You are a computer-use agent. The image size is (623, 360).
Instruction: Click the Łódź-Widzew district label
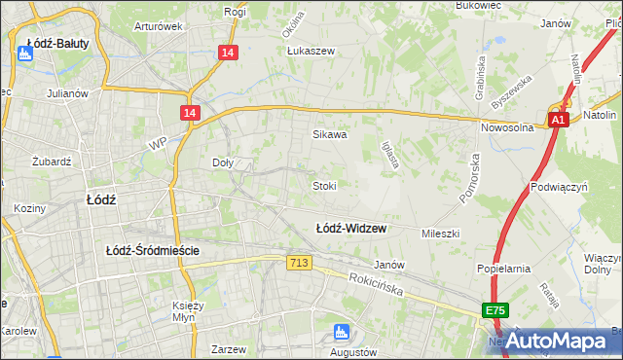pyautogui.click(x=350, y=229)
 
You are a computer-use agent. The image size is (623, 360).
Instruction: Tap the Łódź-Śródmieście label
pyautogui.click(x=153, y=250)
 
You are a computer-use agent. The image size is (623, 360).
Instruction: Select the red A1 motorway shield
pyautogui.click(x=557, y=120)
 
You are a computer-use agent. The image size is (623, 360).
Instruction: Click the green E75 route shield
pyautogui.click(x=495, y=310)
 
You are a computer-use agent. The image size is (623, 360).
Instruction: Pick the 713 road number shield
pyautogui.click(x=300, y=263)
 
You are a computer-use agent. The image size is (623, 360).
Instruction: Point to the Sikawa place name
pyautogui.click(x=329, y=135)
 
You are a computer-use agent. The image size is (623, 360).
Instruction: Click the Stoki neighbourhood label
pyautogui.click(x=324, y=185)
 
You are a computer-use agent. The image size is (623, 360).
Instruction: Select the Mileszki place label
pyautogui.click(x=440, y=234)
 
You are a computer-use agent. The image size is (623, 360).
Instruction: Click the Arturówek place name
pyautogui.click(x=159, y=26)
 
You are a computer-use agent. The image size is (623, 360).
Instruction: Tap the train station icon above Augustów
pyautogui.click(x=341, y=331)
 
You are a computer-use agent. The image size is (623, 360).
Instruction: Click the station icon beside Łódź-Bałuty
pyautogui.click(x=25, y=55)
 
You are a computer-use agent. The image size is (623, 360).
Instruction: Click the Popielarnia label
pyautogui.click(x=502, y=268)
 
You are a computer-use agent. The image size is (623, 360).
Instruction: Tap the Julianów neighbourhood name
pyautogui.click(x=67, y=94)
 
